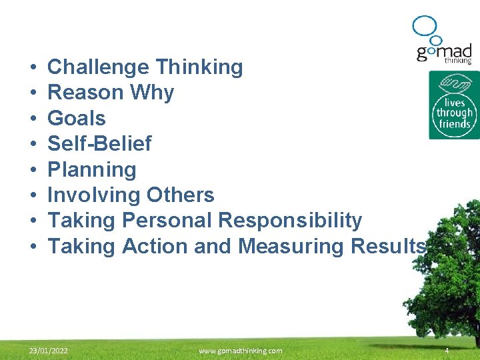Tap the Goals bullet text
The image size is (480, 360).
point(77,119)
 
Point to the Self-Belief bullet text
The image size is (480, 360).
point(99,144)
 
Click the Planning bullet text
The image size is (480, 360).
point(92,170)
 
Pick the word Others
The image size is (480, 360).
point(178,195)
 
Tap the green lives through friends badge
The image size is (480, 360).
point(454,105)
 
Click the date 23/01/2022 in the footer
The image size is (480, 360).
point(48,351)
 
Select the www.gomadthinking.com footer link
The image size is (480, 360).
point(240,351)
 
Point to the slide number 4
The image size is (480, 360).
point(447,351)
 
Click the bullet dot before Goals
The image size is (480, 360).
point(33,119)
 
